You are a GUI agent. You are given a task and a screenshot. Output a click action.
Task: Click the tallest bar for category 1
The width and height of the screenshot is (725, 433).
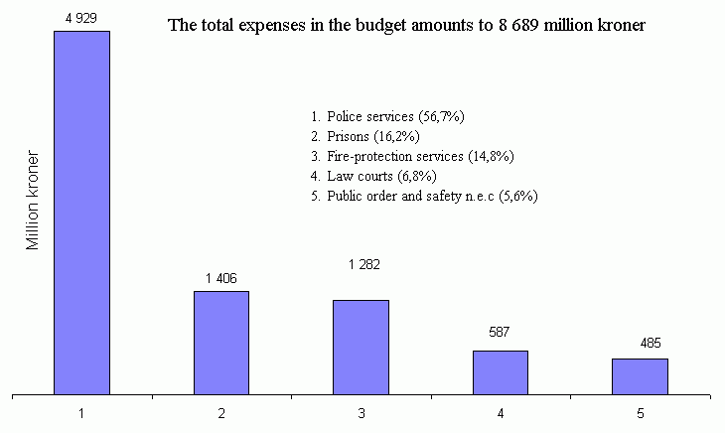point(81,213)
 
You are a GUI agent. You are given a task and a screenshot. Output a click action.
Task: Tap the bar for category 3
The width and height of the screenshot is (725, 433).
point(361,347)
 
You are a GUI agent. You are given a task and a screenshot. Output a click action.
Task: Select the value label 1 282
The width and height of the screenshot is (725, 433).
point(364,264)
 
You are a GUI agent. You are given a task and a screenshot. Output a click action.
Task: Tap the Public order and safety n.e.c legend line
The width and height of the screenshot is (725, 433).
point(424,197)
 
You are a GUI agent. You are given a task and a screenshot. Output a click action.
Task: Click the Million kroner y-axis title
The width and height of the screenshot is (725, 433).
point(33,201)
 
